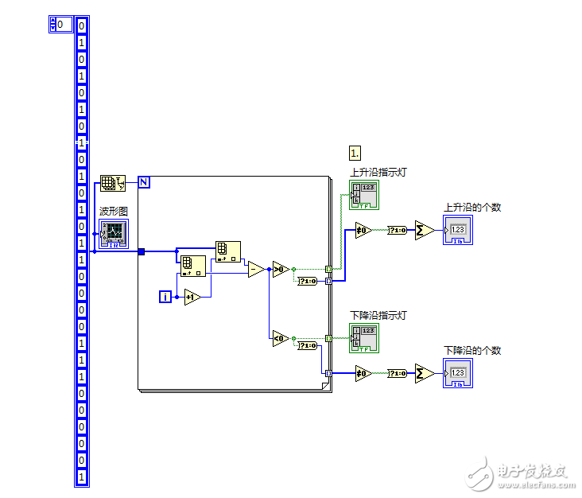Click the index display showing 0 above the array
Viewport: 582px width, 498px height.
[60, 25]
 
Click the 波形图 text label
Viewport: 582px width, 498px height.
[113, 212]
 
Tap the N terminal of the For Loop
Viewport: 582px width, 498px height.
[144, 182]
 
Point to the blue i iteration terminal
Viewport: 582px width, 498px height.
[165, 297]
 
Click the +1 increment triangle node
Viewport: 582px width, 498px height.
[192, 297]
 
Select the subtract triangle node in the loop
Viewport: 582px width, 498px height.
[256, 269]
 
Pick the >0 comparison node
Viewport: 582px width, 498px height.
[280, 269]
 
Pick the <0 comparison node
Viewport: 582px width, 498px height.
[280, 338]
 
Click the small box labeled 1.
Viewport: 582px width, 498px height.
[355, 152]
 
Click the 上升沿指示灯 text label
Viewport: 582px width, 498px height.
[378, 172]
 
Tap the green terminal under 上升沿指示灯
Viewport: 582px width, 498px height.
[365, 194]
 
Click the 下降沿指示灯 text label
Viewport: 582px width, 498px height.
[378, 316]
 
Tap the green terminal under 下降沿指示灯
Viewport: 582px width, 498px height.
[365, 338]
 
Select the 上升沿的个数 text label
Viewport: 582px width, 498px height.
[472, 208]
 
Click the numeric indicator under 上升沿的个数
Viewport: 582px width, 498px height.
[458, 230]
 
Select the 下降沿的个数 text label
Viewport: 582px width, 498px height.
[472, 351]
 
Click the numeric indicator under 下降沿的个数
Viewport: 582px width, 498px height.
[458, 373]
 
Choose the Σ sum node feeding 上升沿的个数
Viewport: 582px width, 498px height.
[424, 230]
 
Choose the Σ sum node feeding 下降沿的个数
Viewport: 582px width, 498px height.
[424, 373]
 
